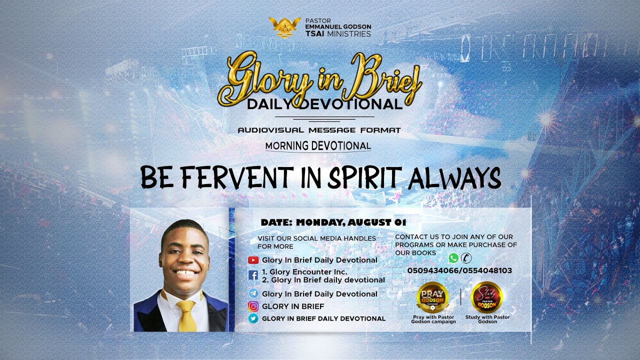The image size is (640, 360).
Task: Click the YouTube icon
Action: click(253, 260)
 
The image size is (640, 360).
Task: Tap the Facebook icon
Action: click(253, 275)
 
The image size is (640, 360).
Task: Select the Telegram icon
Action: click(253, 293)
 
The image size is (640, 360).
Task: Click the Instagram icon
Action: click(253, 306)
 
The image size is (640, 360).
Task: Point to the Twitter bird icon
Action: click(253, 318)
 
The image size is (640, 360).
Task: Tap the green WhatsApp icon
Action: click(453, 258)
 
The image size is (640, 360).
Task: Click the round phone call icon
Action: click(466, 258)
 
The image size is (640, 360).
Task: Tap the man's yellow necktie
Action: click(186, 315)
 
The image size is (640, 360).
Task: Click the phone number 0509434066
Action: click(432, 270)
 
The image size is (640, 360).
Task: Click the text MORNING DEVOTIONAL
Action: click(318, 146)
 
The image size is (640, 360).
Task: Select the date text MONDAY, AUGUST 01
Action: click(351, 222)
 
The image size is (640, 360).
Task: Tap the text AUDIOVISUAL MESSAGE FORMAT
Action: click(319, 130)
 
